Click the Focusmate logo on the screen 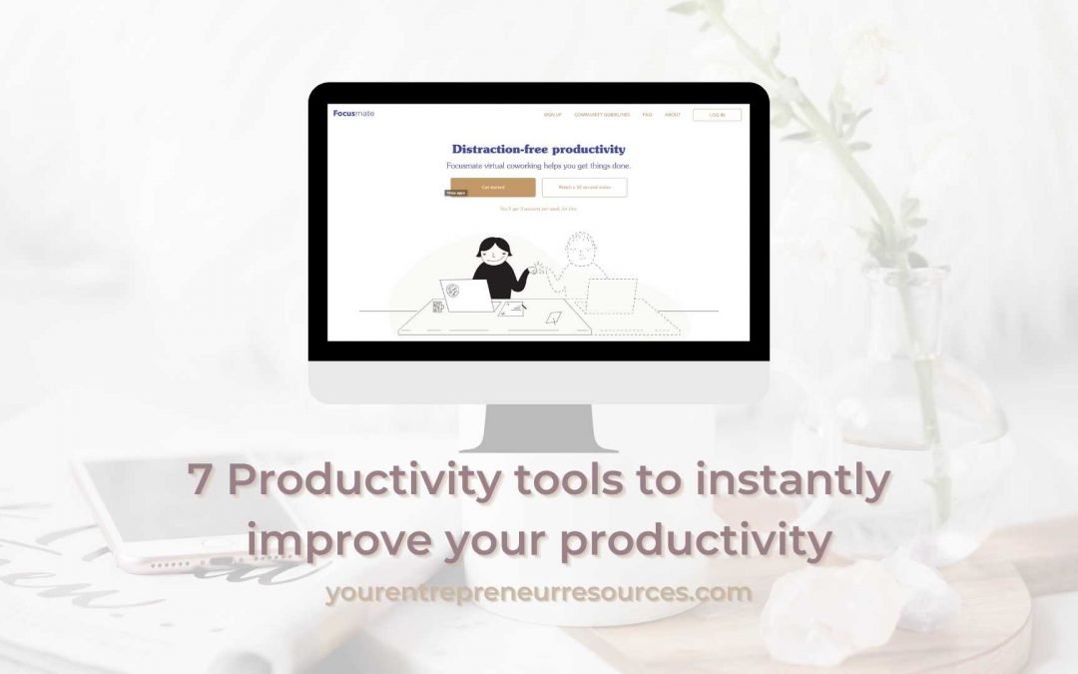[x=353, y=113]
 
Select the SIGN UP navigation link [x=552, y=115]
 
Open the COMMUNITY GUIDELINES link [x=601, y=115]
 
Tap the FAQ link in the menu [x=647, y=115]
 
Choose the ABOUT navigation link [x=672, y=115]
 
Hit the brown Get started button [x=493, y=187]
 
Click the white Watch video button [x=584, y=187]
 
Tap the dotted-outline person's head [x=580, y=250]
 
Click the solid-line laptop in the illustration [x=466, y=295]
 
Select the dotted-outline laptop [x=611, y=296]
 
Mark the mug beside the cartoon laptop [x=438, y=306]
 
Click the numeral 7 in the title [x=202, y=481]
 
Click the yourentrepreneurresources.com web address [x=539, y=592]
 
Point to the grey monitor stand [x=539, y=430]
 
